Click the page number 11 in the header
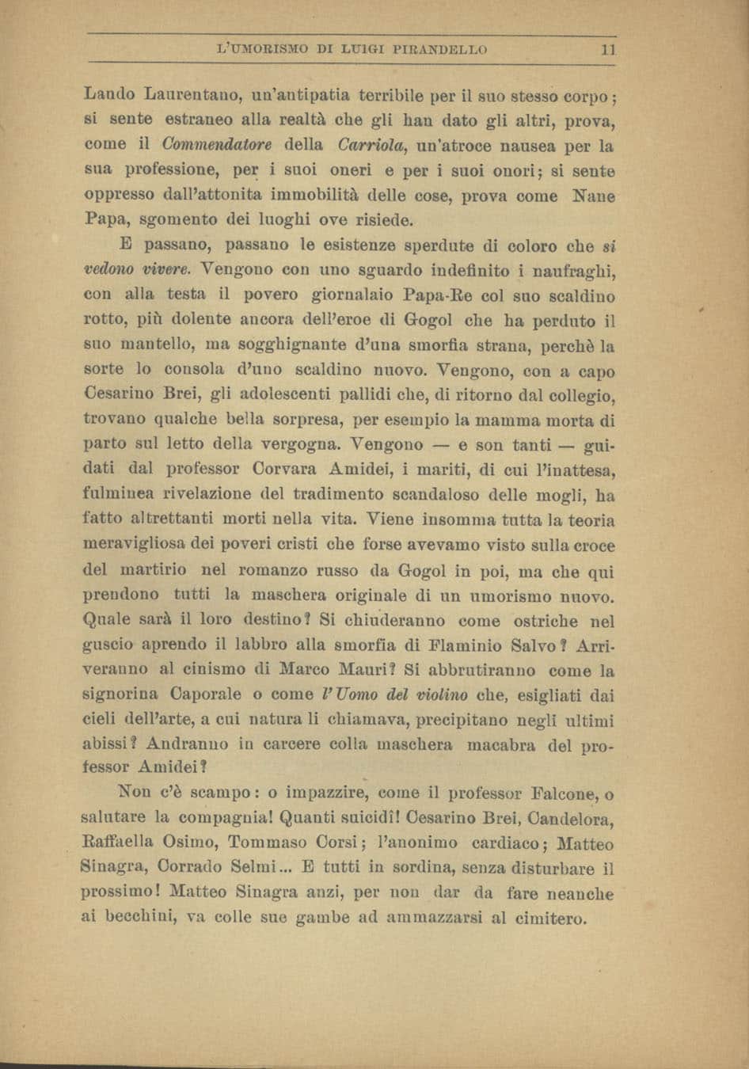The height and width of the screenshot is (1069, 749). pyautogui.click(x=608, y=49)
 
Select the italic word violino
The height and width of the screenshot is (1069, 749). pyautogui.click(x=439, y=695)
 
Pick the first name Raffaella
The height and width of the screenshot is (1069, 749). pyautogui.click(x=122, y=844)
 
